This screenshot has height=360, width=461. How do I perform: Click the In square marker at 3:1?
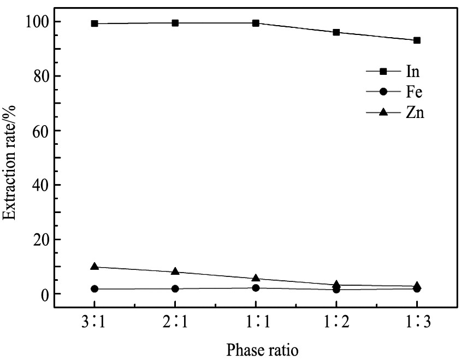(x=94, y=23)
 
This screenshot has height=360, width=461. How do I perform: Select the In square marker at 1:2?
(x=336, y=32)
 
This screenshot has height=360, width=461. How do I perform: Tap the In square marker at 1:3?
(x=417, y=40)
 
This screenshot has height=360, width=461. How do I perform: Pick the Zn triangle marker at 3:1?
(x=94, y=267)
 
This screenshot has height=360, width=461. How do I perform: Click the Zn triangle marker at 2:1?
(x=175, y=272)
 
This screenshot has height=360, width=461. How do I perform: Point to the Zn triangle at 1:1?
(x=256, y=279)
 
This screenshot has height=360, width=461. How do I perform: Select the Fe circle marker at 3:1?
(x=94, y=288)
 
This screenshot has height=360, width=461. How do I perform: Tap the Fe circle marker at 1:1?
(x=256, y=288)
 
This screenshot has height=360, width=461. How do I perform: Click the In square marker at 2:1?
(x=175, y=23)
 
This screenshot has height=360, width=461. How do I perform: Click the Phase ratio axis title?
(x=256, y=347)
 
